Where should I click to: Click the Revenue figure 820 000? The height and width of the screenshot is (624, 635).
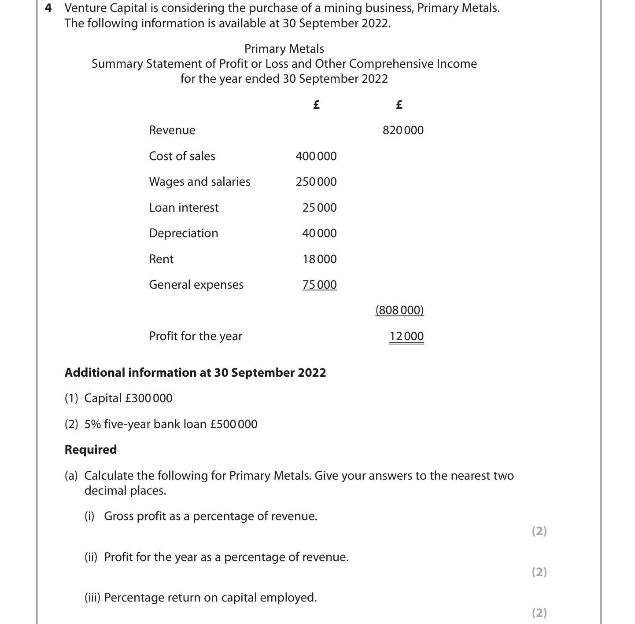pos(403,130)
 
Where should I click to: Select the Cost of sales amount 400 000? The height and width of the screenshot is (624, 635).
pos(316,156)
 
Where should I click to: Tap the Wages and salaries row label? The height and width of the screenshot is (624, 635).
pos(199,182)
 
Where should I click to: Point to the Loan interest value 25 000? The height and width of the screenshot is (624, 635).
pos(319,208)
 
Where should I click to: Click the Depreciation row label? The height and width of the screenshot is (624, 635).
pos(183,233)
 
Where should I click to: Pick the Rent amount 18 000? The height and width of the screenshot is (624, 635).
pos(319,259)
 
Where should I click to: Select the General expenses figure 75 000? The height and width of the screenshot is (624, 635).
pos(319,285)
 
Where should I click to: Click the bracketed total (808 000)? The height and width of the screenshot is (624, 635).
pos(399,310)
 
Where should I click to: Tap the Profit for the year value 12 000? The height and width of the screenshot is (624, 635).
pos(406,336)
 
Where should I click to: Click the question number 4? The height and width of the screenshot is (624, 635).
pos(49,8)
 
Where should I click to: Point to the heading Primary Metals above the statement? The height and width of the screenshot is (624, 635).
pos(284,49)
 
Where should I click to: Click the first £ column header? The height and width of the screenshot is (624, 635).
pos(316,105)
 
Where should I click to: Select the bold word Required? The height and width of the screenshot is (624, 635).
pos(91,450)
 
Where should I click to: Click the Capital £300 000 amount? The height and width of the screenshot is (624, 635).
pos(149,398)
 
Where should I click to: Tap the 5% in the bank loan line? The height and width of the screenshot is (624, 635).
pos(92,424)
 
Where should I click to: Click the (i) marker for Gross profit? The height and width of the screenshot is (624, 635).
pos(89,516)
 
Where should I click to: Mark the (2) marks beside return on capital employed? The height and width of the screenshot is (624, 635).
pos(539,613)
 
